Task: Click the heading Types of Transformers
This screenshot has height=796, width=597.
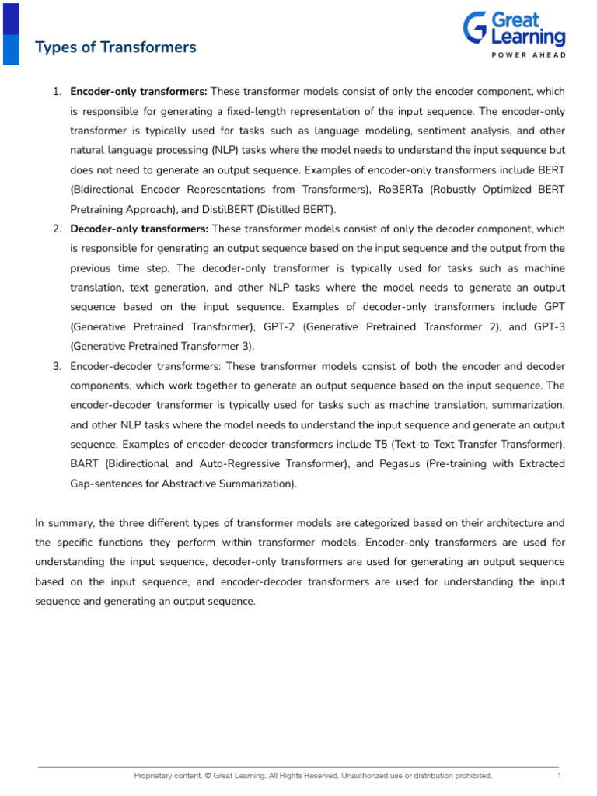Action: tap(116, 47)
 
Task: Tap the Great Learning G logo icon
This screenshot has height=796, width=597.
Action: tap(475, 29)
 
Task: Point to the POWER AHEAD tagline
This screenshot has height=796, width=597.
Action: tap(528, 54)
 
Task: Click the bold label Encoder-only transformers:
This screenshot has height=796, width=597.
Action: tap(138, 92)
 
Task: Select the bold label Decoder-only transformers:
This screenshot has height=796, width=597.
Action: tap(139, 229)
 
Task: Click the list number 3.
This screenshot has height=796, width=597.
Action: tap(58, 365)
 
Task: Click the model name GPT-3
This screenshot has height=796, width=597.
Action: tap(549, 326)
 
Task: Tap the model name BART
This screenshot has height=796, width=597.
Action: tap(86, 463)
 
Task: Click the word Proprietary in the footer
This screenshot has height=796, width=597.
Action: tap(152, 776)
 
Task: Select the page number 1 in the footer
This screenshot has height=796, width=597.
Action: tap(559, 776)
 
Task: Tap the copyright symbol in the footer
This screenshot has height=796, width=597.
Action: tap(209, 776)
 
